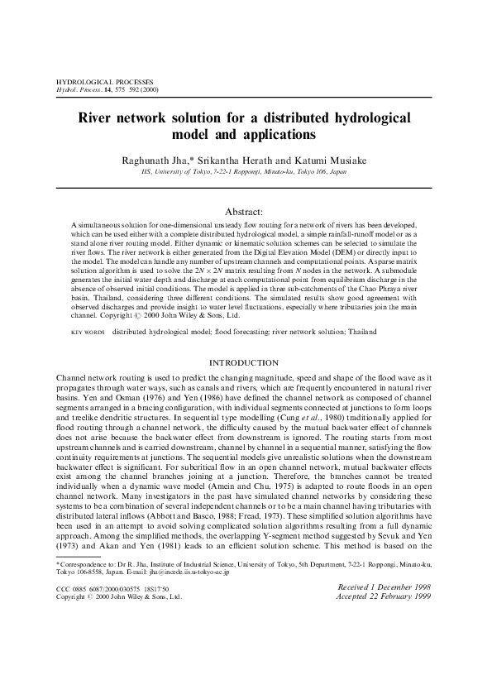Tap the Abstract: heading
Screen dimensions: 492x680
pos(245,212)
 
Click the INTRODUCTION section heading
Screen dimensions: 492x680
pos(245,363)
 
